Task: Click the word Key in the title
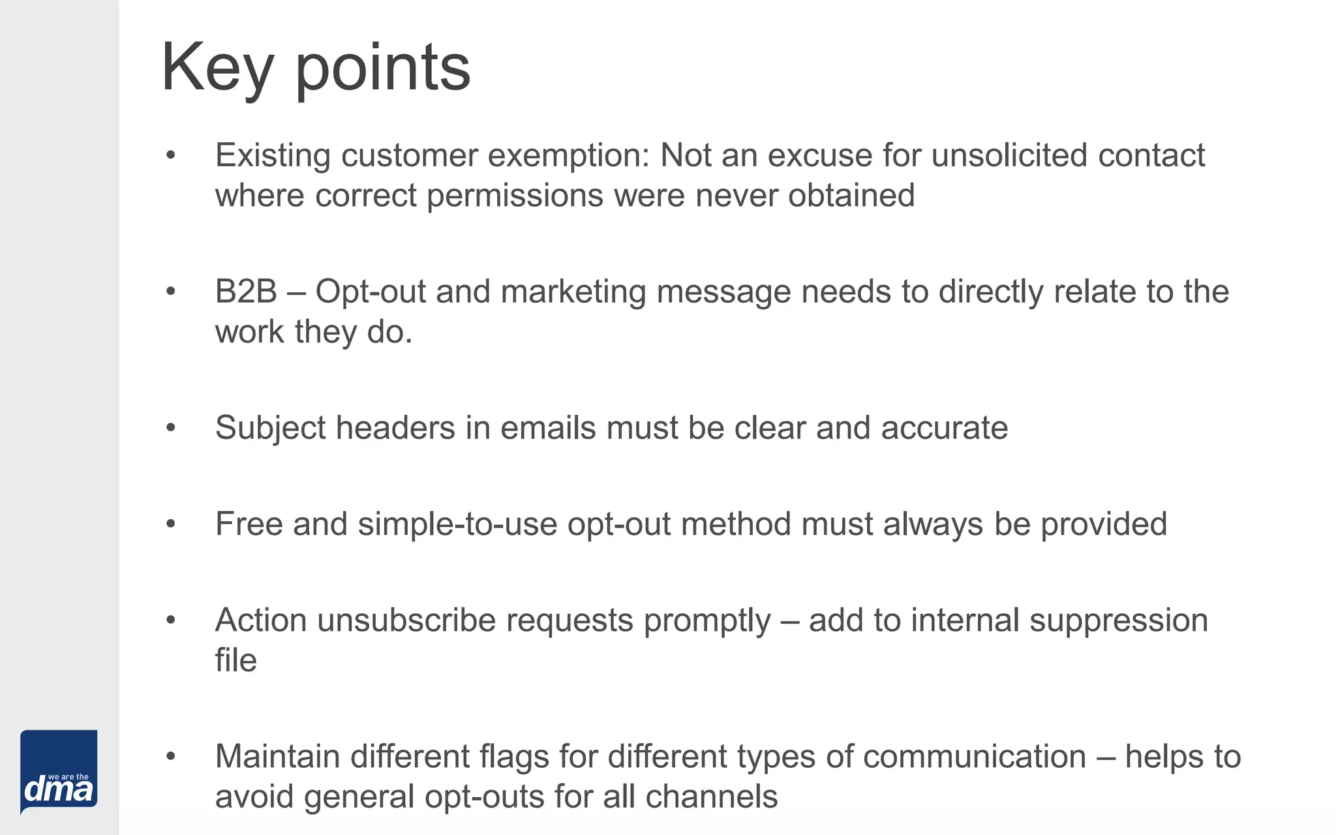tap(217, 68)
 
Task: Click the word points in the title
tap(383, 68)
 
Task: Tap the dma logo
tap(59, 772)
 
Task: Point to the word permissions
tap(515, 196)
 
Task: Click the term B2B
tap(246, 291)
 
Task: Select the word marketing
tap(573, 291)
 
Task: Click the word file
tap(235, 660)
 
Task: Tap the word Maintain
tap(277, 757)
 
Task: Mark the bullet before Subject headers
tap(171, 428)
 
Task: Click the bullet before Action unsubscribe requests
tap(171, 620)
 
